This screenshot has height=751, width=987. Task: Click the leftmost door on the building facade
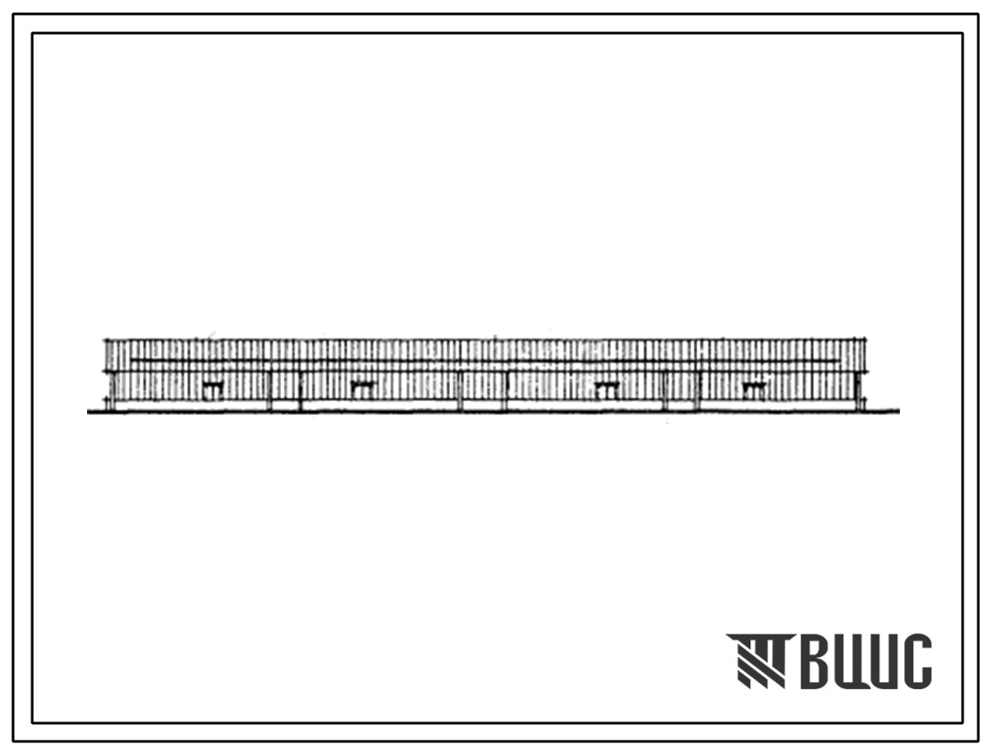coord(212,390)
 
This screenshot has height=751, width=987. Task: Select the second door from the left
coord(362,390)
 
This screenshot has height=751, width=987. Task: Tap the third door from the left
coord(607,390)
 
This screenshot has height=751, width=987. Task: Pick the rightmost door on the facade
coord(754,390)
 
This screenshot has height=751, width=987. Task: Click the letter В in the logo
coord(816,661)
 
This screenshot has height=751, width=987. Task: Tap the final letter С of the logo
coord(917,661)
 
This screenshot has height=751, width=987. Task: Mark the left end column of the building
coord(111,390)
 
